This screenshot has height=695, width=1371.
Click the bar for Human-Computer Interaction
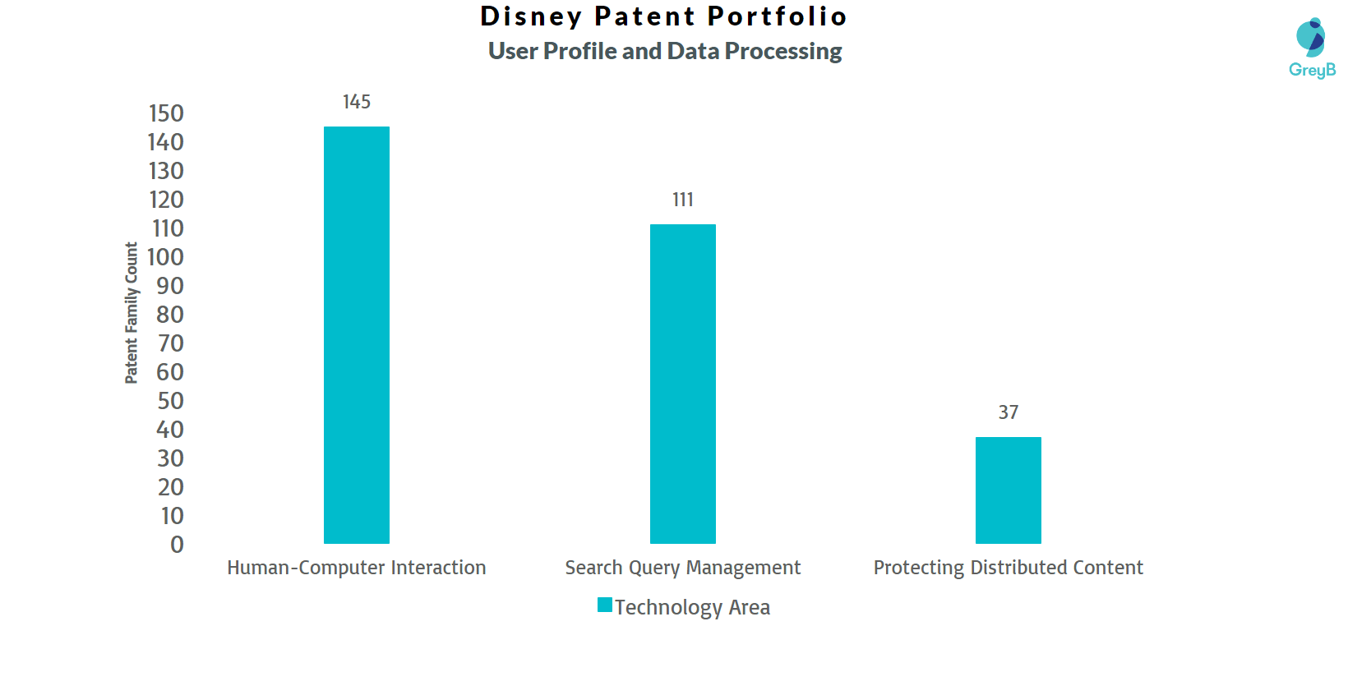tap(357, 334)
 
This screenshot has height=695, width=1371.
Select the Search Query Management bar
tap(682, 384)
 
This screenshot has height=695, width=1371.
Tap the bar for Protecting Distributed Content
tap(1008, 490)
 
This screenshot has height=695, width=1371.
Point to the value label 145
tap(357, 102)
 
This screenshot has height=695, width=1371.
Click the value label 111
tap(682, 200)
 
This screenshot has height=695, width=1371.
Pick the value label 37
tap(1009, 412)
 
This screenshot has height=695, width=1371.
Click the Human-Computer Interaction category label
tap(357, 568)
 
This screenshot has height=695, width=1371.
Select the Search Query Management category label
tap(682, 568)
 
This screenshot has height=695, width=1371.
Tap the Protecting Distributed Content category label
tap(1008, 568)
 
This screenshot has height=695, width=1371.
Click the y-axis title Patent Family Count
tap(132, 313)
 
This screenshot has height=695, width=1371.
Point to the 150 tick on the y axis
tap(166, 113)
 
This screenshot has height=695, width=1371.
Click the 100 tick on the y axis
tap(166, 257)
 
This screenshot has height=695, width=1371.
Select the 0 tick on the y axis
tap(177, 545)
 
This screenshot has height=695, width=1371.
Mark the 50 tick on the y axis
tap(170, 401)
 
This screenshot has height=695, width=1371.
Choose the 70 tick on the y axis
tap(170, 343)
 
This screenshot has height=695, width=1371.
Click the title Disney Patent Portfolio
tap(664, 16)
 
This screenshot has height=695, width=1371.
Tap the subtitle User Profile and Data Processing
tap(665, 51)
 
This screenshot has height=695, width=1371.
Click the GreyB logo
tap(1312, 48)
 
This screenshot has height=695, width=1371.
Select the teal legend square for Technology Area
tap(605, 605)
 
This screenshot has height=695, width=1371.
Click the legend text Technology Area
tap(692, 607)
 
